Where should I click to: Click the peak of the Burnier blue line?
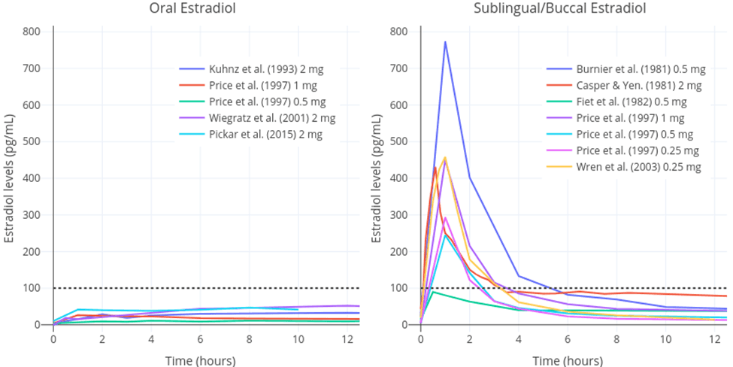tap(445, 42)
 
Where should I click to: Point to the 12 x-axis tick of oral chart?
tap(347, 339)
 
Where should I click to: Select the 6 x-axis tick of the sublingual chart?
tap(568, 339)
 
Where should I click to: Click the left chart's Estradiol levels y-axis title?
tap(11, 178)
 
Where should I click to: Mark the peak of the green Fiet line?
tap(432, 292)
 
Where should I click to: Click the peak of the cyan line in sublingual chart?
tap(445, 235)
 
